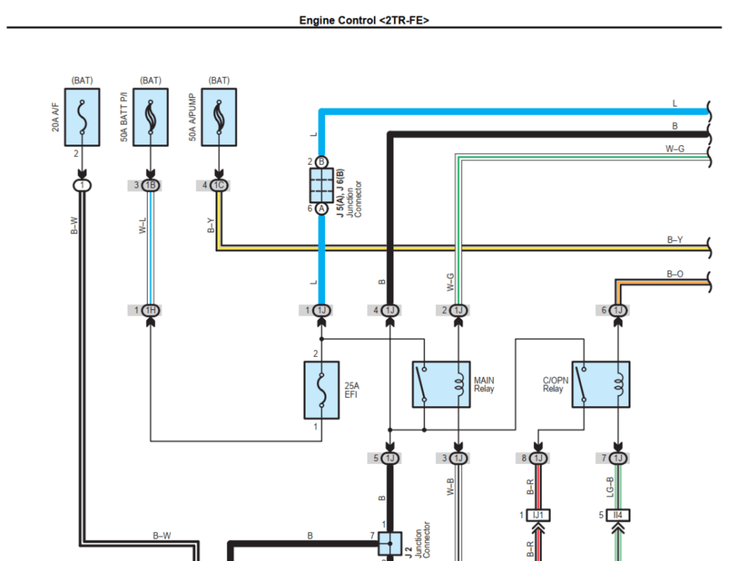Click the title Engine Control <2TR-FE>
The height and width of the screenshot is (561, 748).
tap(364, 20)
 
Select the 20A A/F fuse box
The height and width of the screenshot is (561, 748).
tap(83, 117)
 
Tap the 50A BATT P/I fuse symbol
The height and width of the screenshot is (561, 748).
tap(150, 117)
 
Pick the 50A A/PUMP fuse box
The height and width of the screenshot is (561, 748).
tap(219, 117)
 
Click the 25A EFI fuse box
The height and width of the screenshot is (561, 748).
tap(321, 390)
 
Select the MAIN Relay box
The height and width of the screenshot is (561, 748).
tap(440, 384)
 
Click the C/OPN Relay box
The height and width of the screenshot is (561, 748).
tap(600, 384)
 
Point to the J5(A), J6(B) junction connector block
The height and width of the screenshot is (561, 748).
tap(321, 185)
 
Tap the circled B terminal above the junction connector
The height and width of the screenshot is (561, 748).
tap(321, 162)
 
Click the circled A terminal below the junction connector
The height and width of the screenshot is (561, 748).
tap(321, 209)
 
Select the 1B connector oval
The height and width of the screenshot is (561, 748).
tap(150, 185)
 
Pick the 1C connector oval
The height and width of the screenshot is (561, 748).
tap(219, 185)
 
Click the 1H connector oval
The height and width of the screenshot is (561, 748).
tap(150, 311)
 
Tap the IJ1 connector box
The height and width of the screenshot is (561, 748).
tap(538, 515)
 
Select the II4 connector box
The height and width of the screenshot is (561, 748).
tap(618, 515)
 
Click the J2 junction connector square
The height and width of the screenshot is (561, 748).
tap(389, 543)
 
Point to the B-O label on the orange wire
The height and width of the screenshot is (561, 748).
tap(675, 274)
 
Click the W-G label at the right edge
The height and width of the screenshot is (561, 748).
tap(675, 149)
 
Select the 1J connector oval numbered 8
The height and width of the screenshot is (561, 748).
tap(538, 458)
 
